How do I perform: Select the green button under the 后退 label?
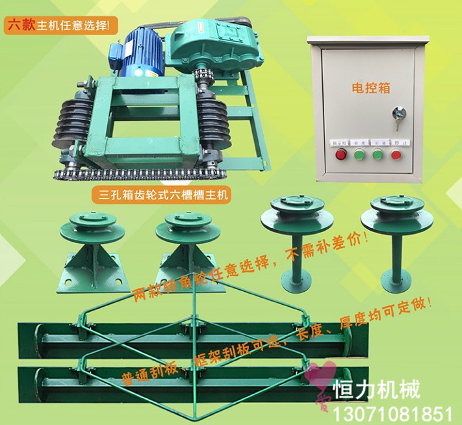[x=376, y=155]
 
